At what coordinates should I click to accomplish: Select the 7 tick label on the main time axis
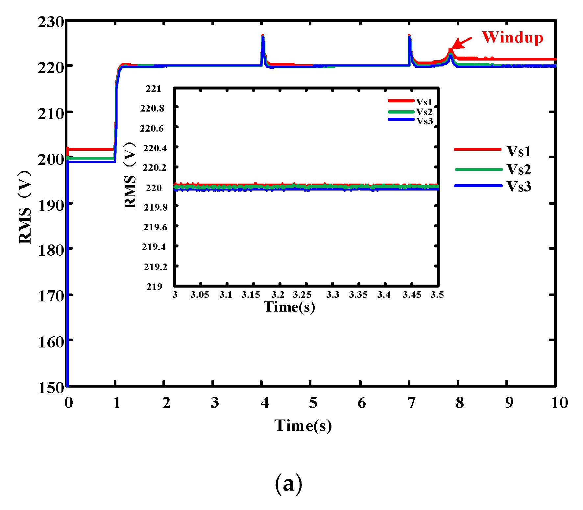pyautogui.click(x=411, y=402)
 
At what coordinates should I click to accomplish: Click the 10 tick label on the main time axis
pyautogui.click(x=559, y=402)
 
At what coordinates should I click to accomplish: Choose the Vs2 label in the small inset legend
pyautogui.click(x=424, y=112)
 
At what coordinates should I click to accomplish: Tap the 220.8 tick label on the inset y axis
pyautogui.click(x=152, y=108)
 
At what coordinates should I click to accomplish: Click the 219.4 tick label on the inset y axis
pyautogui.click(x=154, y=247)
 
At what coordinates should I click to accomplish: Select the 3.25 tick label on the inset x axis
pyautogui.click(x=302, y=294)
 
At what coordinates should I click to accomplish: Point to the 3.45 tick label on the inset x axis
pyautogui.click(x=412, y=294)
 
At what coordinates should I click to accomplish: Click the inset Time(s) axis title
pyautogui.click(x=289, y=307)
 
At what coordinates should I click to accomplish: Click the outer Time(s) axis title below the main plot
pyautogui.click(x=303, y=425)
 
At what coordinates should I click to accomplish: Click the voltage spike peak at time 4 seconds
pyautogui.click(x=262, y=36)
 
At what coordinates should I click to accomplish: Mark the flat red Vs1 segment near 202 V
pyautogui.click(x=90, y=149)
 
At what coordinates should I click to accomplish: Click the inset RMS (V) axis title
pyautogui.click(x=130, y=175)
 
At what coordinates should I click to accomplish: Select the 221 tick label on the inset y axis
pyautogui.click(x=154, y=89)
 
